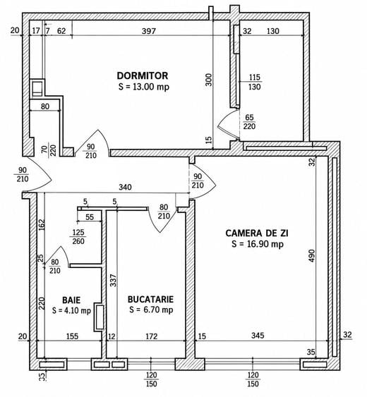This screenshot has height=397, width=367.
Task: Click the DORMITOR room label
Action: coord(143,75)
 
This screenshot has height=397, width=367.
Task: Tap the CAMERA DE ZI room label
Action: coord(257,233)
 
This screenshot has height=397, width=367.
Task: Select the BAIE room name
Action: coord(71,300)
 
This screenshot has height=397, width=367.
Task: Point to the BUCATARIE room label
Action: coord(150,299)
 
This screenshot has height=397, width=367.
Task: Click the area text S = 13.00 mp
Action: coord(144,87)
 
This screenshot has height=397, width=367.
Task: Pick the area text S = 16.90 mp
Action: coord(258,244)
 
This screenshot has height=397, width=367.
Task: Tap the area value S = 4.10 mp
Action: coord(71,310)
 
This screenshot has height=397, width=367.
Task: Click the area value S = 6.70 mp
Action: coord(151,310)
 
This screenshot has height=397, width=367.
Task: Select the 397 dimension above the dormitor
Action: coord(149,31)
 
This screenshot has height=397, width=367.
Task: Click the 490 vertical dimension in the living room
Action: coord(312,256)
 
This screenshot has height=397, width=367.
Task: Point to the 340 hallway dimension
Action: coord(125,187)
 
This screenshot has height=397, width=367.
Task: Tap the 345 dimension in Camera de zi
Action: coord(258,336)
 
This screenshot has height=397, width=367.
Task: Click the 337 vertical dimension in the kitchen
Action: coord(114,281)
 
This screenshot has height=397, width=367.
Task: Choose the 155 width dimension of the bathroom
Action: coord(72,336)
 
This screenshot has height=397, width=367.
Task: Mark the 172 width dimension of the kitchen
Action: coord(152,336)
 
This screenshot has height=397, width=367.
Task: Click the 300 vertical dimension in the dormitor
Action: coord(209,80)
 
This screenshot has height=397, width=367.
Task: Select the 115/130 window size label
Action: coord(255,82)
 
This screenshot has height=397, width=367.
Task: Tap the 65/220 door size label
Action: coord(249,122)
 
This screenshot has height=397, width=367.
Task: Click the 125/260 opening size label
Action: coord(78,237)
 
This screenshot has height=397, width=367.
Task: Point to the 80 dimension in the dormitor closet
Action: coord(45,106)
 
